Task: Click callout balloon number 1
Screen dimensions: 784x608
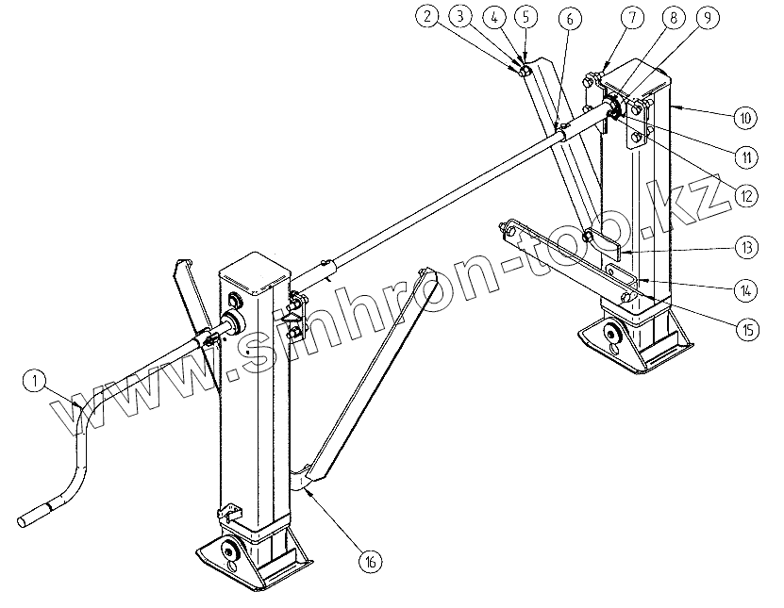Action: point(34,382)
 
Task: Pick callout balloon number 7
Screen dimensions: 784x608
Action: point(631,18)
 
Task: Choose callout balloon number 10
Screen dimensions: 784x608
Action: point(745,118)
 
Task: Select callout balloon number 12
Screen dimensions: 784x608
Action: point(745,195)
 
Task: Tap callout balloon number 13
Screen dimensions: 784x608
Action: point(745,249)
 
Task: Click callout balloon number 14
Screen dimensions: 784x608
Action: point(745,289)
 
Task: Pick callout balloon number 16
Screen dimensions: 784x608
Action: point(371,561)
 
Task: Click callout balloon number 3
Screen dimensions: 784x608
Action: point(460,17)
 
